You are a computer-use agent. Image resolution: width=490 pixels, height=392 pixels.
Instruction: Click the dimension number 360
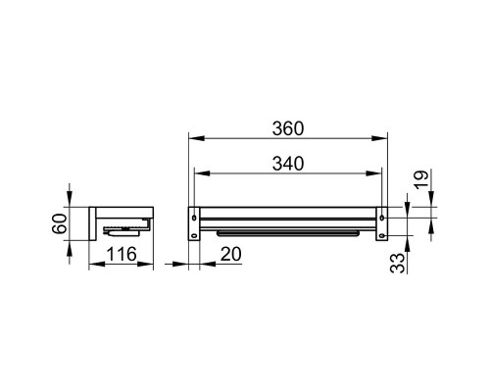[x=288, y=128]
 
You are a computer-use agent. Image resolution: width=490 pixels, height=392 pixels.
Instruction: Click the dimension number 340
[x=288, y=164]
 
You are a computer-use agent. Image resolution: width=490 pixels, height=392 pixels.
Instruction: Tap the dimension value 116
[x=122, y=254]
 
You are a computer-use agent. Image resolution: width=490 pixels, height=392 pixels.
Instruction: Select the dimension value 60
[x=60, y=223]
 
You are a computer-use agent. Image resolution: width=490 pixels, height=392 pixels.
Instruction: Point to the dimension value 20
[x=231, y=254]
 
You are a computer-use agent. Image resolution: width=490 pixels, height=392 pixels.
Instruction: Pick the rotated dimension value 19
[x=421, y=179]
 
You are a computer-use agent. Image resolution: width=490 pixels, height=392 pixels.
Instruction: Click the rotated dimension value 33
[x=397, y=264]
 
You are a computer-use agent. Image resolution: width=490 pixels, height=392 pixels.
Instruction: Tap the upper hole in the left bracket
[x=194, y=218]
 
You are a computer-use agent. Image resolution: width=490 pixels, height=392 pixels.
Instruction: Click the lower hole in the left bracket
[x=194, y=235]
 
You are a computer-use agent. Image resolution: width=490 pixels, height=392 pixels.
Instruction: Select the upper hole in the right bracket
[x=382, y=218]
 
